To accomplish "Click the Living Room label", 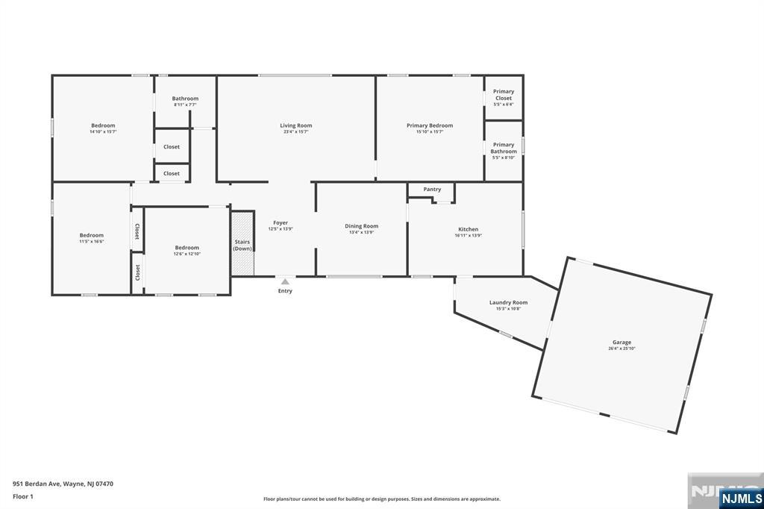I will coord(295,125).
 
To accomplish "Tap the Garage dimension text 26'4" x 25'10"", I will coord(621,349).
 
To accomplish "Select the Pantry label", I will coord(432,190).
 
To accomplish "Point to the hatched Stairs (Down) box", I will coord(242,243).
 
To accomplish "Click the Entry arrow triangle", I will coord(285,281).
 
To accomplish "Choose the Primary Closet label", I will coord(504,95).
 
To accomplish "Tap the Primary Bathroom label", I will coord(504,148).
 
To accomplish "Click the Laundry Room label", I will coord(508,302).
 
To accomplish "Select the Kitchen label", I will coord(468,229).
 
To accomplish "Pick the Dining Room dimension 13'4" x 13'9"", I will coord(361,232).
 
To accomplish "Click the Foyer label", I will coord(280,222).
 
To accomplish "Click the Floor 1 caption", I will coord(24,496).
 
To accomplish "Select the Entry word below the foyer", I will coord(285,291).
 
